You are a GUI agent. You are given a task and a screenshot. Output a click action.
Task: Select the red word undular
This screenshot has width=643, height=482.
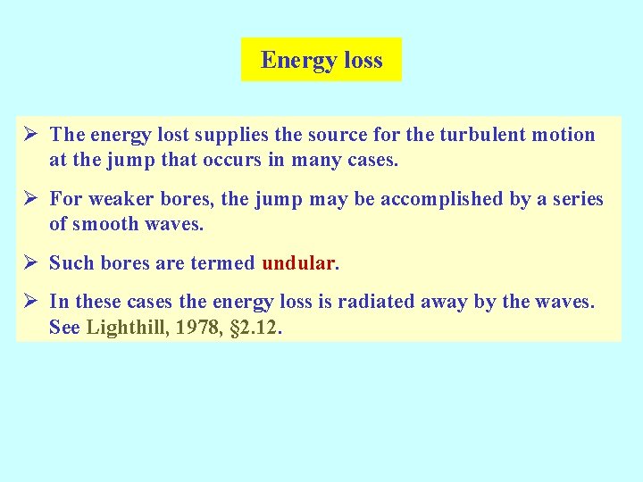297,263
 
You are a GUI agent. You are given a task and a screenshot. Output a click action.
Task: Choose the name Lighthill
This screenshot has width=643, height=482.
124,328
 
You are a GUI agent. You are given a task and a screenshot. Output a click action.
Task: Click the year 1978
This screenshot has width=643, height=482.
196,328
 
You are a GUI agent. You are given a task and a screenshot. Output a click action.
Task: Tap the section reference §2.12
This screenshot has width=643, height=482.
255,328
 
